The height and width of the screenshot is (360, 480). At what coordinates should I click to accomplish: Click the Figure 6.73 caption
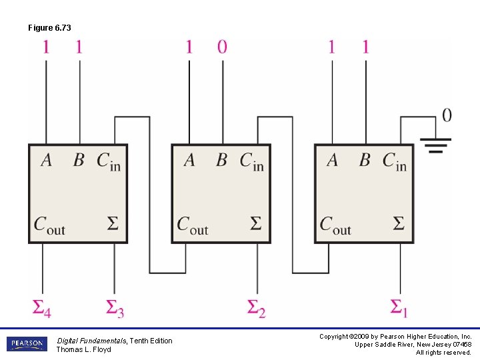coord(49,27)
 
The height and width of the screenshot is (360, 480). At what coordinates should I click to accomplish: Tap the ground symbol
coord(435,145)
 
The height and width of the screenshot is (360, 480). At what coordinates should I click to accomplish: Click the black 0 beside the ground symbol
coord(446,115)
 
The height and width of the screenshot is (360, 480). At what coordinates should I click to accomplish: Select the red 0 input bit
coord(222,47)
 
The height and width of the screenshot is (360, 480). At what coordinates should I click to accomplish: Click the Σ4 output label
coord(42,307)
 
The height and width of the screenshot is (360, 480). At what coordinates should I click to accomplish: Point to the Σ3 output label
coord(115,308)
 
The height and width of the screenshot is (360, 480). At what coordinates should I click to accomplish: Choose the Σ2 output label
coord(257,308)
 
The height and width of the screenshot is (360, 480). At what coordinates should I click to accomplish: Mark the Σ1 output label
coord(399,308)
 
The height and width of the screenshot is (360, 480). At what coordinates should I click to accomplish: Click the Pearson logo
coord(27,344)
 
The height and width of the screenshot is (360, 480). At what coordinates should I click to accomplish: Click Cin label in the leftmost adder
coord(109,161)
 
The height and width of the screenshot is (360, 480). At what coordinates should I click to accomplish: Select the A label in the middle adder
coord(189,161)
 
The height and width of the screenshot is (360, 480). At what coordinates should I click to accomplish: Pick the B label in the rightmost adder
coord(365,161)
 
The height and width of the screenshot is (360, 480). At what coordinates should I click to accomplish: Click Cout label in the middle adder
coord(192,225)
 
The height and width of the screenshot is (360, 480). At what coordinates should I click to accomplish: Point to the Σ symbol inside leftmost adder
coord(113,223)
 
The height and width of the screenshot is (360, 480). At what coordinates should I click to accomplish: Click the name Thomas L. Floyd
coord(83,349)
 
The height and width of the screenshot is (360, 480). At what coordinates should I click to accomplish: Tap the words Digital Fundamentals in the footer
coord(91,341)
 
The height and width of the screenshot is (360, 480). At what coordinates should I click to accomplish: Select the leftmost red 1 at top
coord(46,47)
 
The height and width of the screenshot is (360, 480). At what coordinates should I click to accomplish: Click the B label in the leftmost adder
coord(79,161)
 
